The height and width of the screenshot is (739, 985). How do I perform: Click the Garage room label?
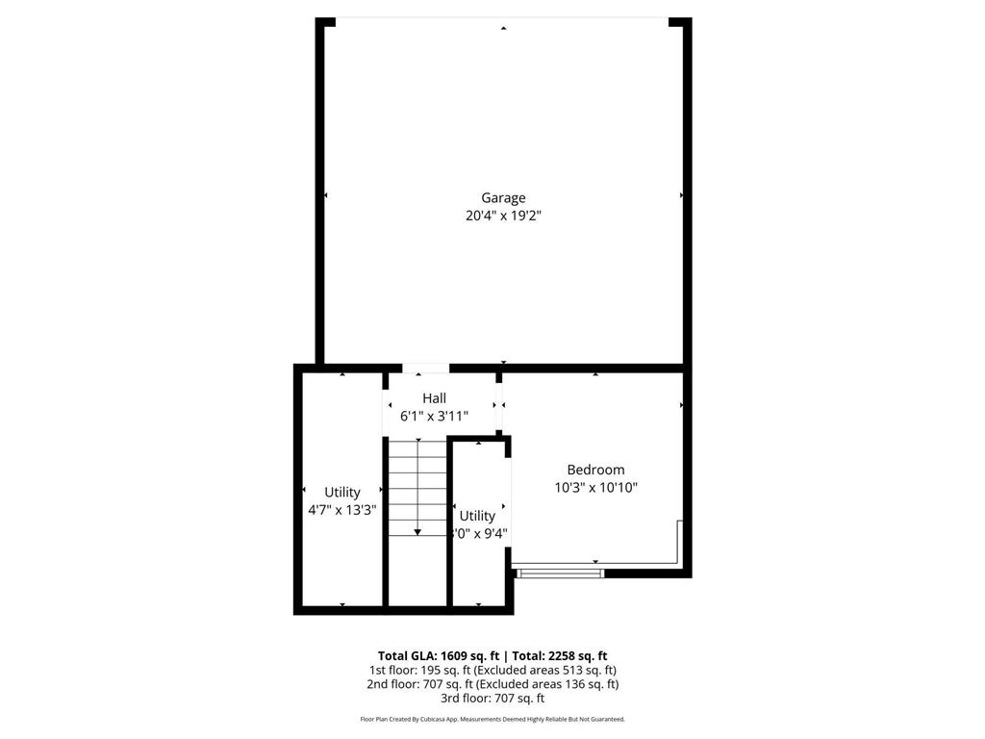click(x=503, y=198)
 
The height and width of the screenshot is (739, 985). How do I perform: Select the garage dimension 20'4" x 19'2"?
click(x=503, y=217)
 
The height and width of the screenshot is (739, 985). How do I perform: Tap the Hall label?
click(x=434, y=398)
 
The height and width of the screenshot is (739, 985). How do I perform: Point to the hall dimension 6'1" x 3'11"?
click(x=434, y=417)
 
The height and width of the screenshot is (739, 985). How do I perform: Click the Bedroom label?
click(x=595, y=470)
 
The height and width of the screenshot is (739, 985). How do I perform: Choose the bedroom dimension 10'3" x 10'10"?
click(x=595, y=488)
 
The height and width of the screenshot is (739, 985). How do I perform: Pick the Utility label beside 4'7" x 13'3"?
click(x=342, y=493)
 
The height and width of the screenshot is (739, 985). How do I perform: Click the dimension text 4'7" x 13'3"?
click(x=341, y=511)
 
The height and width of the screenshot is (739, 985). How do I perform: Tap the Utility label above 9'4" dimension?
click(x=477, y=516)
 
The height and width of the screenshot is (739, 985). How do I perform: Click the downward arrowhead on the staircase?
click(x=417, y=532)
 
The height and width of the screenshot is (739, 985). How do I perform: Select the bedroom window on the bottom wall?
click(x=560, y=573)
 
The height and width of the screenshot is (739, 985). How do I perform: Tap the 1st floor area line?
click(x=492, y=670)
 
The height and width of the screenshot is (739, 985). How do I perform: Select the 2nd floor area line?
click(x=492, y=684)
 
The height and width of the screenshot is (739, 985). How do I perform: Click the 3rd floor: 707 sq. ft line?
click(x=492, y=699)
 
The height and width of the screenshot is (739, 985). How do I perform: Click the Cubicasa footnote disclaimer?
click(x=492, y=719)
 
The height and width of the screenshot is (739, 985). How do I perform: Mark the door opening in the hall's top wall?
click(x=425, y=368)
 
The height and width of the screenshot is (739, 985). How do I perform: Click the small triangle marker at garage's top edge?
click(x=503, y=29)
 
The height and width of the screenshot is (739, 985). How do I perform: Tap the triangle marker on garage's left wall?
click(x=326, y=195)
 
